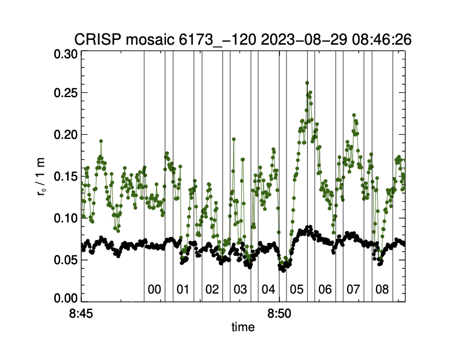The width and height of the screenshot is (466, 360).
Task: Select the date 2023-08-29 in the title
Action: click(298, 39)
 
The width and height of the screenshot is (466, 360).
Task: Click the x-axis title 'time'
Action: click(243, 327)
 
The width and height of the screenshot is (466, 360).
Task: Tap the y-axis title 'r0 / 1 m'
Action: click(41, 176)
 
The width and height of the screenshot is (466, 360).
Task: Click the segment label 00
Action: click(154, 289)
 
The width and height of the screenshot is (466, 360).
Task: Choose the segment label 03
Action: click(240, 289)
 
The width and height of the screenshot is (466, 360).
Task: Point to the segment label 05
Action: click(297, 289)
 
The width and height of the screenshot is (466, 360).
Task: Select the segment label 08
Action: click(382, 289)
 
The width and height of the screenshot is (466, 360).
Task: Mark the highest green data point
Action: click(307, 83)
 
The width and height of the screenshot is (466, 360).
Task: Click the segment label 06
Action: click(325, 289)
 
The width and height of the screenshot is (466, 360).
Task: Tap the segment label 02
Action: click(211, 289)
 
